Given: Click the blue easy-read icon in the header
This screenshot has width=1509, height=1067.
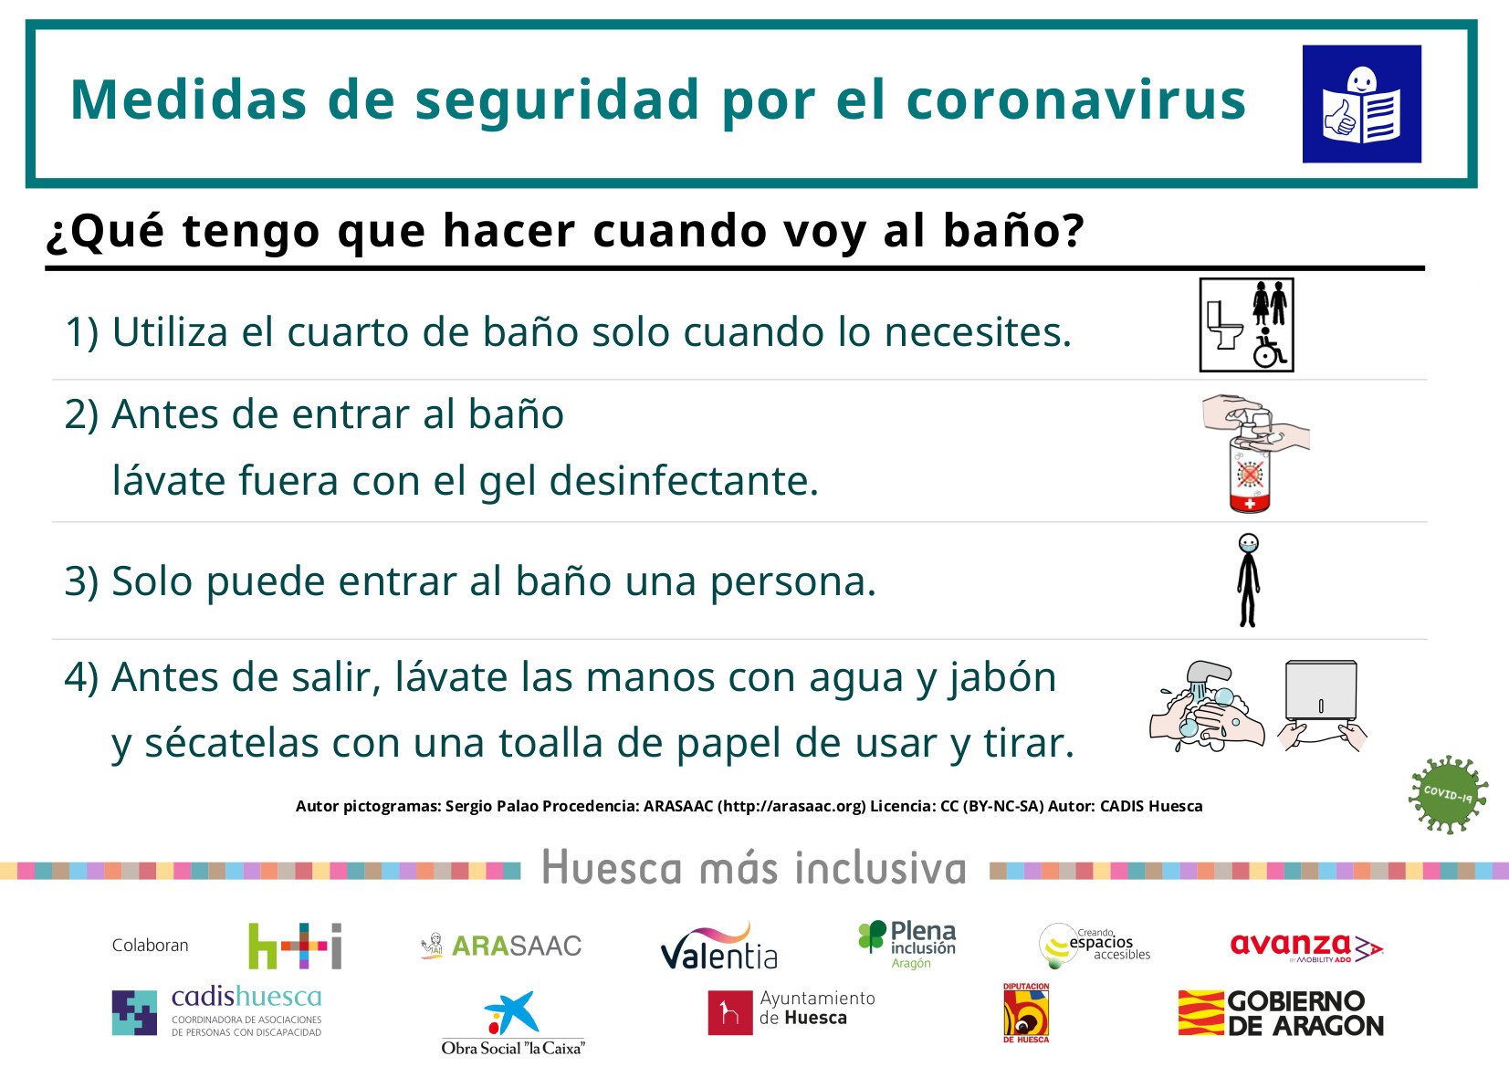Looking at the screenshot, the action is [1361, 104].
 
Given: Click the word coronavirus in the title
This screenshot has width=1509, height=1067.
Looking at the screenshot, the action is [1076, 99].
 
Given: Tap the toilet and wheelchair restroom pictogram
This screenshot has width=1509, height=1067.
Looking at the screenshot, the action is [1246, 325].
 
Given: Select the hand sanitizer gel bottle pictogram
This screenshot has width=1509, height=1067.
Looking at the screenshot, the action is [1254, 454].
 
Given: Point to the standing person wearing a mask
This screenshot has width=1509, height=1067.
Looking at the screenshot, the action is [1248, 580].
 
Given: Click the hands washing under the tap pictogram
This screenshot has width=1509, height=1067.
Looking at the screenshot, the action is [1207, 706].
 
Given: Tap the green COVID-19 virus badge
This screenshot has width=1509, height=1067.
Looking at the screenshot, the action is [1448, 795].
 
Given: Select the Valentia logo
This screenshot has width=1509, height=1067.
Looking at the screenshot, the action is [718, 947].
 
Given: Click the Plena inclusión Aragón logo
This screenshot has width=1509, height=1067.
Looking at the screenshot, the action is [906, 945].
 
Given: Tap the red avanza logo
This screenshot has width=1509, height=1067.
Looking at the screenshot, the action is [1306, 947].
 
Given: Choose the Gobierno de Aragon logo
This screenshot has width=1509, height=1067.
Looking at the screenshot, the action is [1281, 1012].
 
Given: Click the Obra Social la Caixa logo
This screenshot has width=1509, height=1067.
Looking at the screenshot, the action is [513, 1022].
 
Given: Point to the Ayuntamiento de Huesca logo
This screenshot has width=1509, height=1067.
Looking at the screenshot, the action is [791, 1011].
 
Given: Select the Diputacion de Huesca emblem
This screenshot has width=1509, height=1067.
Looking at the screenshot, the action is [1026, 1012].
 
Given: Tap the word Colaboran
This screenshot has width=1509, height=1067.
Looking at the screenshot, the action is [151, 945].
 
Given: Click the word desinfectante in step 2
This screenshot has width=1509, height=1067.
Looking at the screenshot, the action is [684, 480].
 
